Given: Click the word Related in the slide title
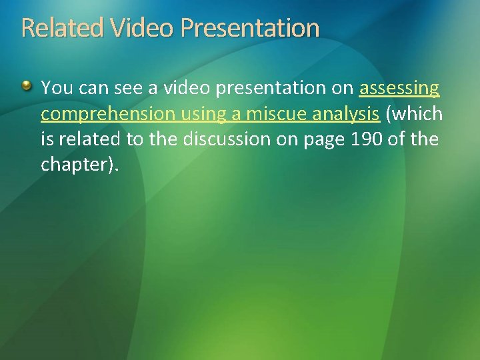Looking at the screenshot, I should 63,28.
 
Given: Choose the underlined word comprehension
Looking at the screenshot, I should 107,114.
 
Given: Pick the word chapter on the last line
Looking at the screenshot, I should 73,164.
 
